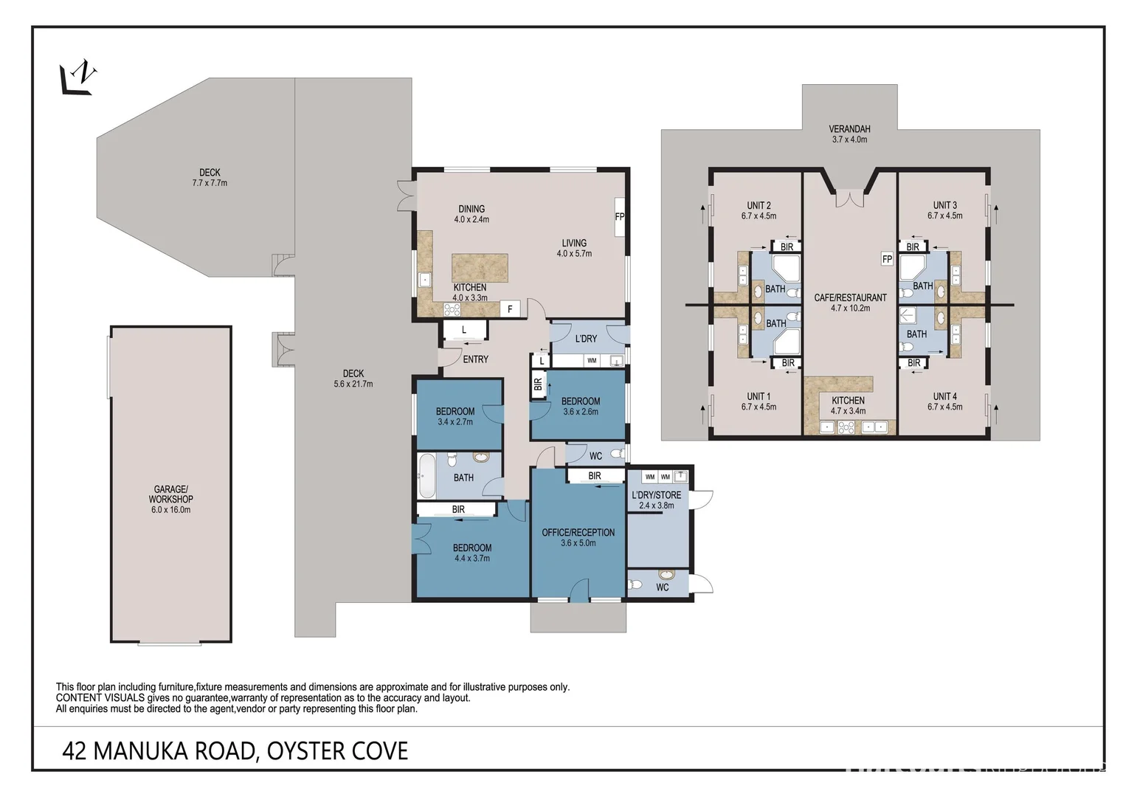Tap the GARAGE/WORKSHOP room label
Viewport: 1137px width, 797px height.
(170, 494)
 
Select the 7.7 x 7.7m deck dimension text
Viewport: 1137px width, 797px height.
(210, 183)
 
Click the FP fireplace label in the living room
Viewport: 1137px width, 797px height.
(620, 217)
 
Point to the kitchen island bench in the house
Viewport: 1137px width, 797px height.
(480, 267)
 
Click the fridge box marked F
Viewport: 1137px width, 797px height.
(510, 309)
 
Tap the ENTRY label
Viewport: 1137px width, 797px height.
(475, 359)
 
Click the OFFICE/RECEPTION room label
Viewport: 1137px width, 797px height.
(578, 532)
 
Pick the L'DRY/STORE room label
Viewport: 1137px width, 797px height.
(656, 495)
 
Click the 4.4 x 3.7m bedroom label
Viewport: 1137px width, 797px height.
(472, 558)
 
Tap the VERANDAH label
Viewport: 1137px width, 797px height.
(849, 129)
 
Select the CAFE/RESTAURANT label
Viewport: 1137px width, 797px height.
(850, 297)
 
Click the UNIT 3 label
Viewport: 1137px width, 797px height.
(944, 205)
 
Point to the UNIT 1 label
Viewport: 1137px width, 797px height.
(758, 396)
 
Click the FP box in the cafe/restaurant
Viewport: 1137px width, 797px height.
(887, 259)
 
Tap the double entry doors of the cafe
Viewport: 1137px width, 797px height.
(849, 199)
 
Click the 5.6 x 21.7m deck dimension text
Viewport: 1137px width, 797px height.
(353, 384)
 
